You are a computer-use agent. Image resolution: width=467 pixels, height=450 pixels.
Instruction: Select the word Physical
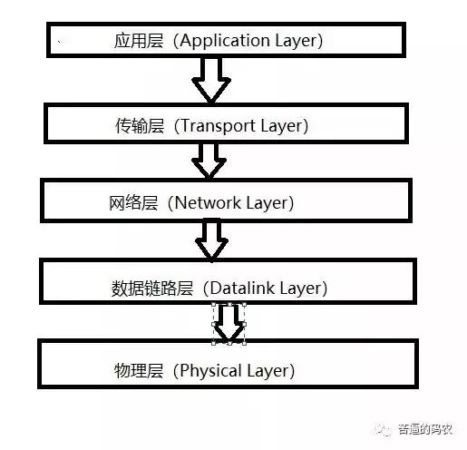[x=212, y=370]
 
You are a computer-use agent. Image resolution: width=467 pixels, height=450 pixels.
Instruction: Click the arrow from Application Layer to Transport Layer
[x=211, y=80]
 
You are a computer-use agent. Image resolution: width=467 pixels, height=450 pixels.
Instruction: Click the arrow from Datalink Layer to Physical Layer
[x=229, y=322]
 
